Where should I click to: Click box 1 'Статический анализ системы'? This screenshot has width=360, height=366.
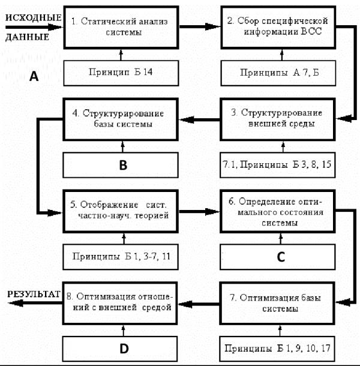[121, 28]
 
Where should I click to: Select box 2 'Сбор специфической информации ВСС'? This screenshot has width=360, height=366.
[278, 28]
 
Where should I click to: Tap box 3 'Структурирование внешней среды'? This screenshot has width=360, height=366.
[278, 119]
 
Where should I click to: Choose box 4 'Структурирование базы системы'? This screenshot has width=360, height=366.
[121, 119]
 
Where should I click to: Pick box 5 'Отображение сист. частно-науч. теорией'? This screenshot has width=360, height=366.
[121, 211]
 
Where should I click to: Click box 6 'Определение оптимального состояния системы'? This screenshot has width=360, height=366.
[278, 211]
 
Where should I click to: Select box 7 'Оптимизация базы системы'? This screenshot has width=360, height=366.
[277, 303]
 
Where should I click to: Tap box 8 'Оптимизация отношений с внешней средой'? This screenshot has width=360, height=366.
[120, 303]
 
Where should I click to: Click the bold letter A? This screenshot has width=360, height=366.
[34, 77]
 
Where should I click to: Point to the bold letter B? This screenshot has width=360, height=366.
[123, 165]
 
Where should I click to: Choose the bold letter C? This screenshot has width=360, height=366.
[281, 257]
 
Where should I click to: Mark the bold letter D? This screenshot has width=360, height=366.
[124, 349]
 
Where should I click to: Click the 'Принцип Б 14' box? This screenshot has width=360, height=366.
[121, 73]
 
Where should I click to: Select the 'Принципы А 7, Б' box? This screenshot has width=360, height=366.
[278, 73]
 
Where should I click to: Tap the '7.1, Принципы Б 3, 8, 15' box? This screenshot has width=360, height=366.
[278, 165]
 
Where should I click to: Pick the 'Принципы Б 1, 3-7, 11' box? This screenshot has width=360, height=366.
[121, 257]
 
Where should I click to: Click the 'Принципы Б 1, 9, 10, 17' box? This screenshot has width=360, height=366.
[277, 349]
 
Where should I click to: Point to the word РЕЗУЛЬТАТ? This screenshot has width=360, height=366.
[34, 294]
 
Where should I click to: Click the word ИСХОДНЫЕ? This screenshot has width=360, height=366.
[34, 18]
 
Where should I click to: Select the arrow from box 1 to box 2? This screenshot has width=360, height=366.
[200, 26]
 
